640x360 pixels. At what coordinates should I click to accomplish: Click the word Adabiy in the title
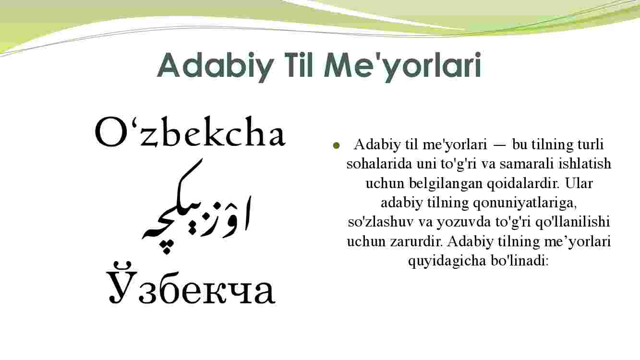point(216,66)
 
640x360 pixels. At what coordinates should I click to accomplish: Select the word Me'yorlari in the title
point(402,66)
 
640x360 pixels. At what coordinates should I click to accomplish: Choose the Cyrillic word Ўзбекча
point(191,283)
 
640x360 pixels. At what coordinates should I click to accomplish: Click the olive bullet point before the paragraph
point(336,145)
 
